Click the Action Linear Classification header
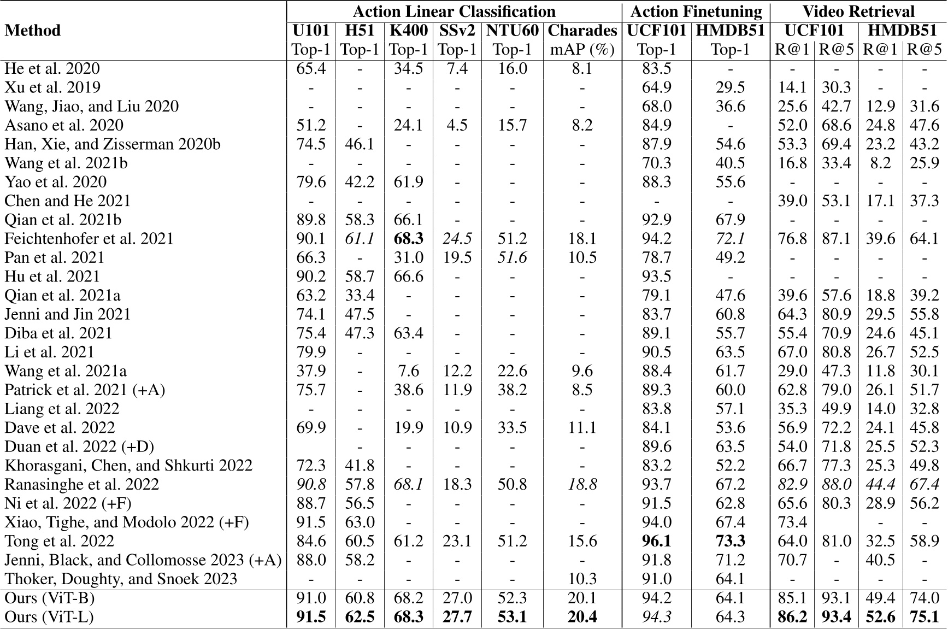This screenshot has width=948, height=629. tap(454, 11)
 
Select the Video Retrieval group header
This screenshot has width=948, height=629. tap(858, 11)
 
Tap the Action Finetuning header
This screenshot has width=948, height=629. tap(696, 11)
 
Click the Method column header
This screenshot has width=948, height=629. tap(32, 31)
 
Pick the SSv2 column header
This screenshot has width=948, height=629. tap(457, 31)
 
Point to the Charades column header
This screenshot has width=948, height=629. tap(582, 31)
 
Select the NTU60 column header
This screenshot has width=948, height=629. tap(512, 31)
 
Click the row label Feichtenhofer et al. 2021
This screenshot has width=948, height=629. tap(89, 239)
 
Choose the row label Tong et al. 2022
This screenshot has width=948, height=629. tap(59, 541)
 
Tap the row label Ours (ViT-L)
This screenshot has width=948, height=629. tap(49, 617)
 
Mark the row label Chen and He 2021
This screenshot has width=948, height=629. tap(68, 201)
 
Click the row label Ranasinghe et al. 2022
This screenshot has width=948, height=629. tap(81, 485)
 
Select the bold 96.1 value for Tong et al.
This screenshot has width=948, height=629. tap(656, 541)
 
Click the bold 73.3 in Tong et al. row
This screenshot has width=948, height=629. tap(730, 541)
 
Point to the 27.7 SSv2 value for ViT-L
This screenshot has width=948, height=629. tap(457, 617)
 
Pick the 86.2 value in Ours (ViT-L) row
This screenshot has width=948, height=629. tap(792, 617)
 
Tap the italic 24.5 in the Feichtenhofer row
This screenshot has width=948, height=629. tap(457, 239)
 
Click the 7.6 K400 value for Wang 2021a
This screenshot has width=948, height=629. tap(408, 371)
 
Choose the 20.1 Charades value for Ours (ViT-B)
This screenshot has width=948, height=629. tap(582, 598)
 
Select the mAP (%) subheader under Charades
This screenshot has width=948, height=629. tap(582, 50)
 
